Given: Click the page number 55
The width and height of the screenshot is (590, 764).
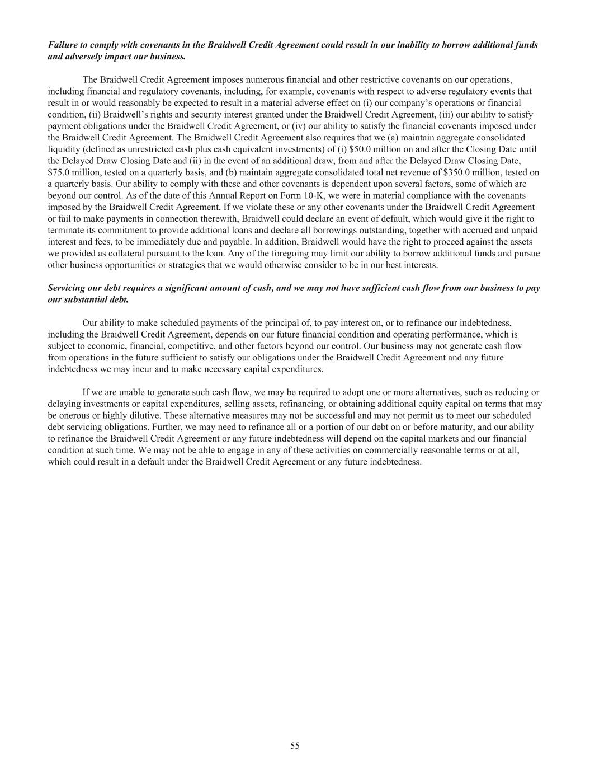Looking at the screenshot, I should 295,746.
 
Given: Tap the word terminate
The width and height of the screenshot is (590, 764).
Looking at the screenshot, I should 66,230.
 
